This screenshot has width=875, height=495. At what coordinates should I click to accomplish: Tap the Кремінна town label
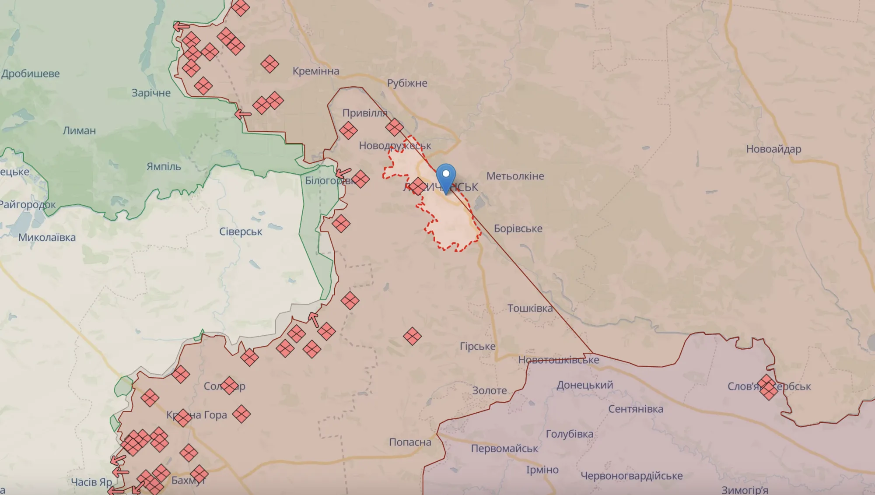[x=316, y=71]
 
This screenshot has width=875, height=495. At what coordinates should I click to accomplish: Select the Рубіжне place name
[x=407, y=83]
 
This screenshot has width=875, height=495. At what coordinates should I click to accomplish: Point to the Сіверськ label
[x=241, y=232]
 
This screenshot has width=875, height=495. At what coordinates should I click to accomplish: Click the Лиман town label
[x=79, y=130]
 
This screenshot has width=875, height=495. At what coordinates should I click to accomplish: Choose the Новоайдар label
[x=773, y=149]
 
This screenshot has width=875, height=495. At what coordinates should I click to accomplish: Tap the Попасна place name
[x=410, y=442]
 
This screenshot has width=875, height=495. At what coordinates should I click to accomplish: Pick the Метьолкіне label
[x=515, y=176]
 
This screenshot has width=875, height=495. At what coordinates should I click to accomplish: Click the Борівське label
[x=518, y=228]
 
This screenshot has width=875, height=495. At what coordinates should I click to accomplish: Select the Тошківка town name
[x=530, y=309]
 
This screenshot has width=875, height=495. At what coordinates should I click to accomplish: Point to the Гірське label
[x=477, y=346]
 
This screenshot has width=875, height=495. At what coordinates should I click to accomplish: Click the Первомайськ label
[x=504, y=449]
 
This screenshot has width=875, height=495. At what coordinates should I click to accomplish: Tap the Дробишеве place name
[x=31, y=74]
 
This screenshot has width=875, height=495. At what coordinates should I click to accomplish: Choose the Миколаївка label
[x=47, y=238]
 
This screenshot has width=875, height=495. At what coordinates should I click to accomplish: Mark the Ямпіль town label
[x=164, y=167]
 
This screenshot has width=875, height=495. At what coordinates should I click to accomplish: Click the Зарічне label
[x=151, y=93]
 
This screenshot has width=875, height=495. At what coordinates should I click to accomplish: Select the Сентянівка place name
[x=636, y=409]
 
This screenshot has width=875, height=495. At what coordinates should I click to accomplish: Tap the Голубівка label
[x=569, y=434]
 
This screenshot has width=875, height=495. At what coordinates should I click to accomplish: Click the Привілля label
[x=365, y=113]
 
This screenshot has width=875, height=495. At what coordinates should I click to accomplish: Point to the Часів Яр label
[x=91, y=482]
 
